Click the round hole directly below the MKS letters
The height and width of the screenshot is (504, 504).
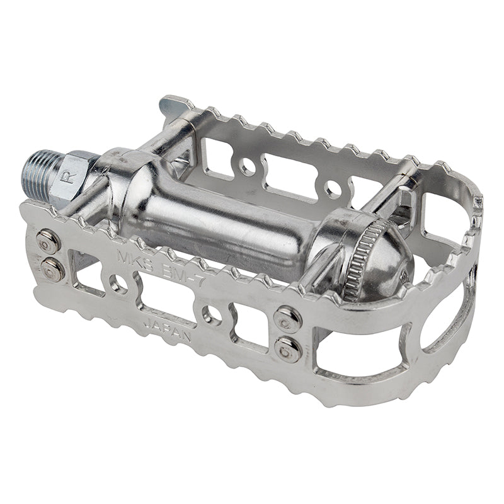118,284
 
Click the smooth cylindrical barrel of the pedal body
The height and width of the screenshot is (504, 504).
208,208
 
